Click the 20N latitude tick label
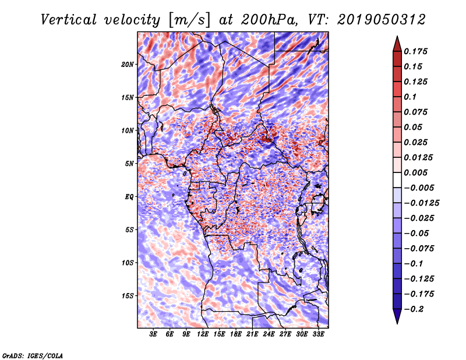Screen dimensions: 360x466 (128, 64)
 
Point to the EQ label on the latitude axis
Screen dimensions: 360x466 (129, 197)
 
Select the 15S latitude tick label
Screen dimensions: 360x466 (128, 296)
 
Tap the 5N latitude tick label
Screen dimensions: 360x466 (129, 164)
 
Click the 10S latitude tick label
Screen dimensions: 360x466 (128, 263)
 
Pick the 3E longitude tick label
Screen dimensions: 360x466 (154, 335)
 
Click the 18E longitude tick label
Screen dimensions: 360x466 (236, 335)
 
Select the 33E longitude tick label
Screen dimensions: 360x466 (318, 335)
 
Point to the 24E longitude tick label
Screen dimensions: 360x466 (269, 335)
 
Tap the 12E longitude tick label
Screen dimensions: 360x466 (203, 335)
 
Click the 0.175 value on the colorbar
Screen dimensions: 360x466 (416, 51)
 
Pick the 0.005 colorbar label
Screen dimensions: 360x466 (416, 172)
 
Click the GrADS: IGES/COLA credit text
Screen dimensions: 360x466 (32, 355)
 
